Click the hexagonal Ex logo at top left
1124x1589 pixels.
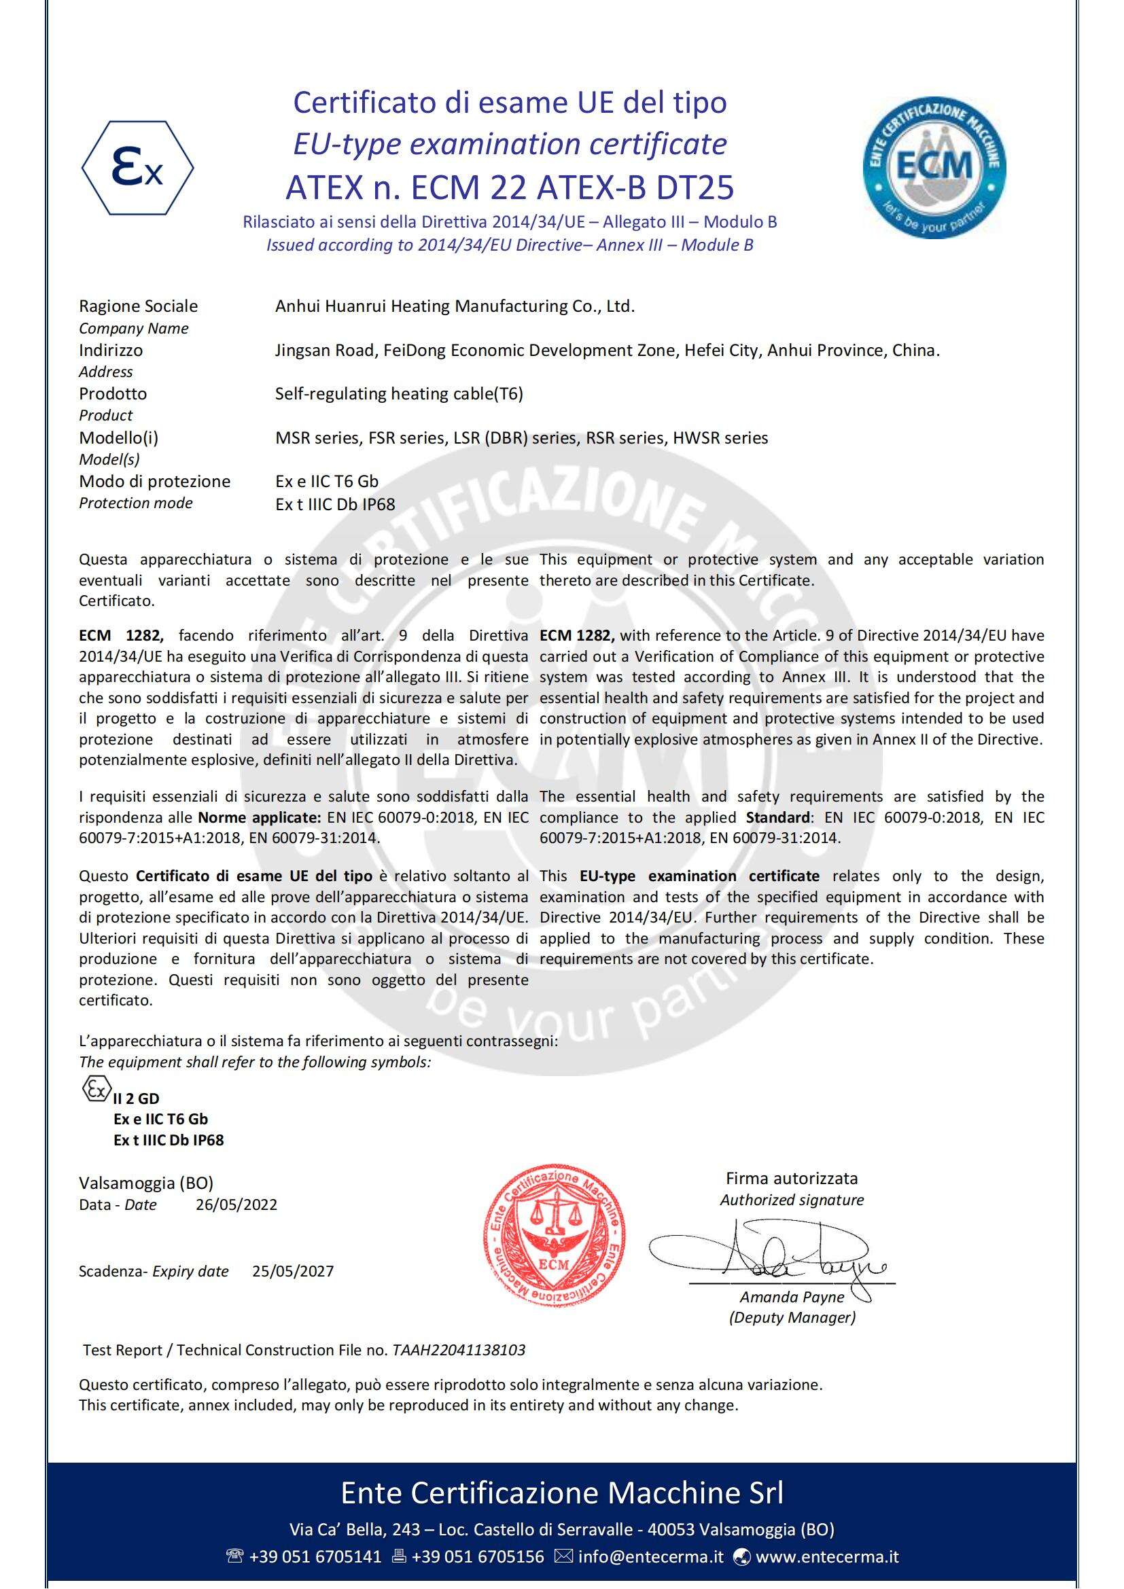pos(138,168)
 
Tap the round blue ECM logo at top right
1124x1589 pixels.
pos(934,168)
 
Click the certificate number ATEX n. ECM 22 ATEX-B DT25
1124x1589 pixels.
pos(510,186)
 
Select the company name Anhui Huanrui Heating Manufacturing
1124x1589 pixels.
pos(455,306)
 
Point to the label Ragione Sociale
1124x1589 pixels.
pos(139,306)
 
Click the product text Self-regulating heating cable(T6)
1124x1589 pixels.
pos(399,394)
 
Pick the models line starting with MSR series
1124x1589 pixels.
pos(521,438)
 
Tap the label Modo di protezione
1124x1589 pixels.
pos(154,481)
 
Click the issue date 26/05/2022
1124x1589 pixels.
pos(236,1204)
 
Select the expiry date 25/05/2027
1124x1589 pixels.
pos(293,1270)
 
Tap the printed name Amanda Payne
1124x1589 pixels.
pos(792,1296)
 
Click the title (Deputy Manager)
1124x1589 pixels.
pos(792,1317)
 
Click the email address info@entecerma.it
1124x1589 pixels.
pos(650,1556)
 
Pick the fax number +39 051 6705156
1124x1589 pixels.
pos(478,1556)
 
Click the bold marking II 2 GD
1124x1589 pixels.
pos(136,1099)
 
